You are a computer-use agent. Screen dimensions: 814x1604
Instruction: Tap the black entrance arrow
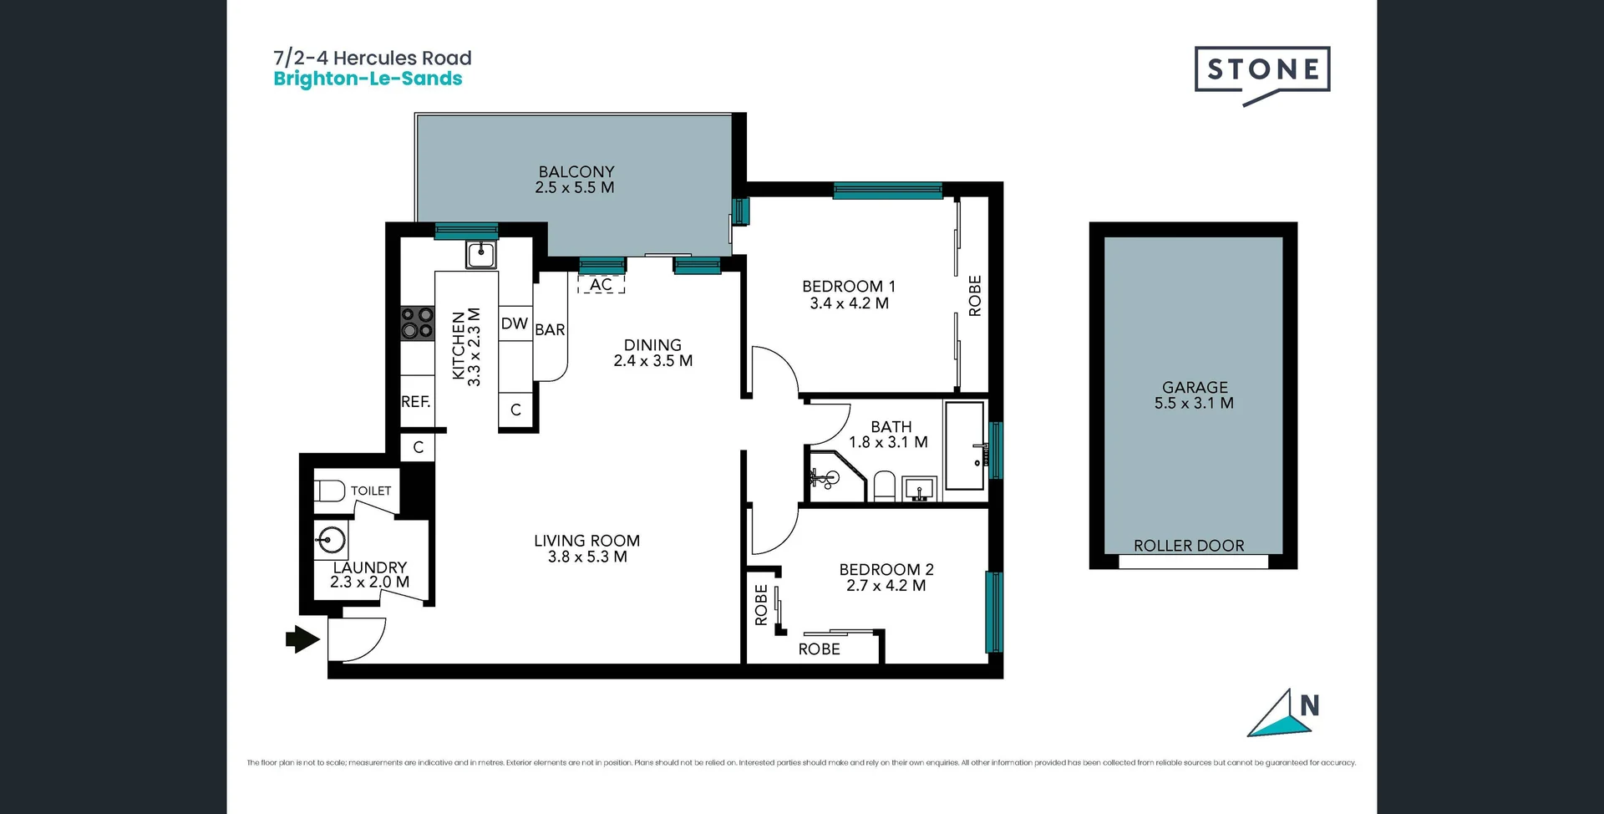tap(302, 640)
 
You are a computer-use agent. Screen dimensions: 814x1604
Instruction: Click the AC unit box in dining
tap(601, 284)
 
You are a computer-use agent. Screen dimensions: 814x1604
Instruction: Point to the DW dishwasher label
tap(515, 323)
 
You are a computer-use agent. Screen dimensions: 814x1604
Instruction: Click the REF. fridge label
tap(415, 402)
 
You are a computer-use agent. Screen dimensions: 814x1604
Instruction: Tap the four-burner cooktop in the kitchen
tap(418, 323)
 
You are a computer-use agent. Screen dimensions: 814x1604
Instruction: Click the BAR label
tap(550, 330)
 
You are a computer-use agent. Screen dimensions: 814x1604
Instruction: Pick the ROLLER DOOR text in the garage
tap(1189, 546)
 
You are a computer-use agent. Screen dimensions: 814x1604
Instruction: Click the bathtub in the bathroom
tap(965, 445)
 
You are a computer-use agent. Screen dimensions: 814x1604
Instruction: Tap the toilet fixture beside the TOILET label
tap(329, 491)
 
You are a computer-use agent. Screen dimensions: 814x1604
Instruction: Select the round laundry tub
tap(331, 540)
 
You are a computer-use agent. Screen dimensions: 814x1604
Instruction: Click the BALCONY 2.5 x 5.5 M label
tap(576, 180)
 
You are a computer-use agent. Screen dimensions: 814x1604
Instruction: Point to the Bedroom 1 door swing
tap(773, 371)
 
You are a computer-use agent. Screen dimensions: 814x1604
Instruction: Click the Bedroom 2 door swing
tap(773, 531)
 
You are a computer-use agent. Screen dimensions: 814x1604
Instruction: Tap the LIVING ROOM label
tap(587, 548)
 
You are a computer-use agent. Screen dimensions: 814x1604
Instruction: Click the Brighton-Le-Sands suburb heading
tap(368, 79)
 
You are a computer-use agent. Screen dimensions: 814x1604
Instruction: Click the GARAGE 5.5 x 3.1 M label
tap(1195, 394)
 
